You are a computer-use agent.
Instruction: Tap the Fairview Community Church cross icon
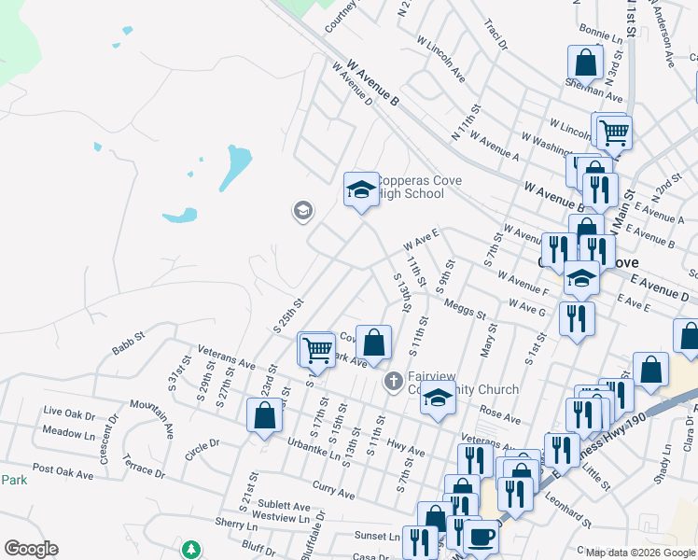click(394, 381)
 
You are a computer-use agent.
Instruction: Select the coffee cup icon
click(482, 538)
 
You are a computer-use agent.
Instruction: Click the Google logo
click(31, 549)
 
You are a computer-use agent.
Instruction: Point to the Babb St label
click(129, 334)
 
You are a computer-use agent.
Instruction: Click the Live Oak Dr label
click(69, 412)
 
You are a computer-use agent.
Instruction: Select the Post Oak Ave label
click(63, 474)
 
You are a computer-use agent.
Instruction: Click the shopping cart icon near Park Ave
click(317, 349)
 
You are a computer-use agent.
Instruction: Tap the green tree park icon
click(191, 549)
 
